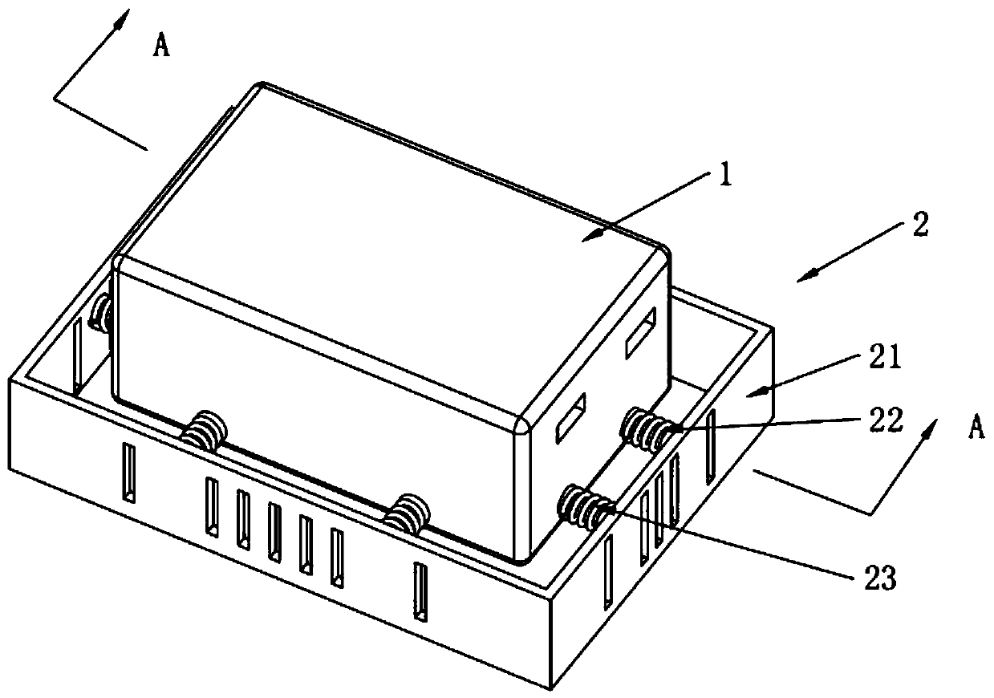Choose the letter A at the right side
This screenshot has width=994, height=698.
976,429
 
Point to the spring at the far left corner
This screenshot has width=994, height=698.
102,314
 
